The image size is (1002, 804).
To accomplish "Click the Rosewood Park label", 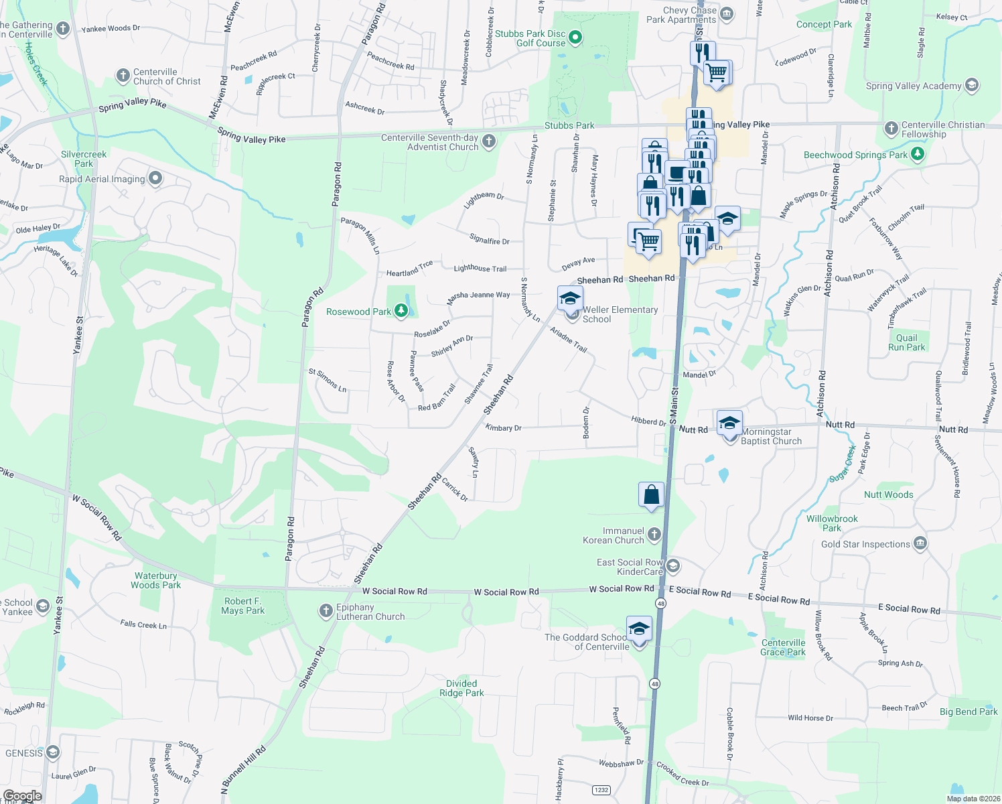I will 358,312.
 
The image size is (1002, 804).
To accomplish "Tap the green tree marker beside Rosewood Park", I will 401,310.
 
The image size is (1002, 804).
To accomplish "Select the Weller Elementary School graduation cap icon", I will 570,298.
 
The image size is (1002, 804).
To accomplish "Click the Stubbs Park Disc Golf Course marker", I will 575,38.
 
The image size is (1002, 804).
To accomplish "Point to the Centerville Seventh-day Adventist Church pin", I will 489,141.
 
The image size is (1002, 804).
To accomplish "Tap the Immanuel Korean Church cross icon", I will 654,535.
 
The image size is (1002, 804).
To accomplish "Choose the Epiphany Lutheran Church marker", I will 326,611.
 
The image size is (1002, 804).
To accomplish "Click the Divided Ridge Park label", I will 461,688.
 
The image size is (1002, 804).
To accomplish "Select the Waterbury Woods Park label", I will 155,580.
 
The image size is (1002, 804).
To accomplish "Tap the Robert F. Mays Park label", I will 242,606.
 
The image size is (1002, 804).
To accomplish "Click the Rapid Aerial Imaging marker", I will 155,178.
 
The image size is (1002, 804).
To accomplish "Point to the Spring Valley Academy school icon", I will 972,85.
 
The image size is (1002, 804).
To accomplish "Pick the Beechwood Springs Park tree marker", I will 918,154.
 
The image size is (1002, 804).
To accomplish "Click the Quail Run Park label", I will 906,342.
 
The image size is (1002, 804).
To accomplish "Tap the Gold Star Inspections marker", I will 920,543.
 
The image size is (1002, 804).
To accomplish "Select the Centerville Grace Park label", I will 783,647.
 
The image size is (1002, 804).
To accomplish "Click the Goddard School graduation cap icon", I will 639,629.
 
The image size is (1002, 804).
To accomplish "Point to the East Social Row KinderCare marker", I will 673,566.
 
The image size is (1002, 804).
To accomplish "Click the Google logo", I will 22,796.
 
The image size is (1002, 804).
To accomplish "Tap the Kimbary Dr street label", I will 503,427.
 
